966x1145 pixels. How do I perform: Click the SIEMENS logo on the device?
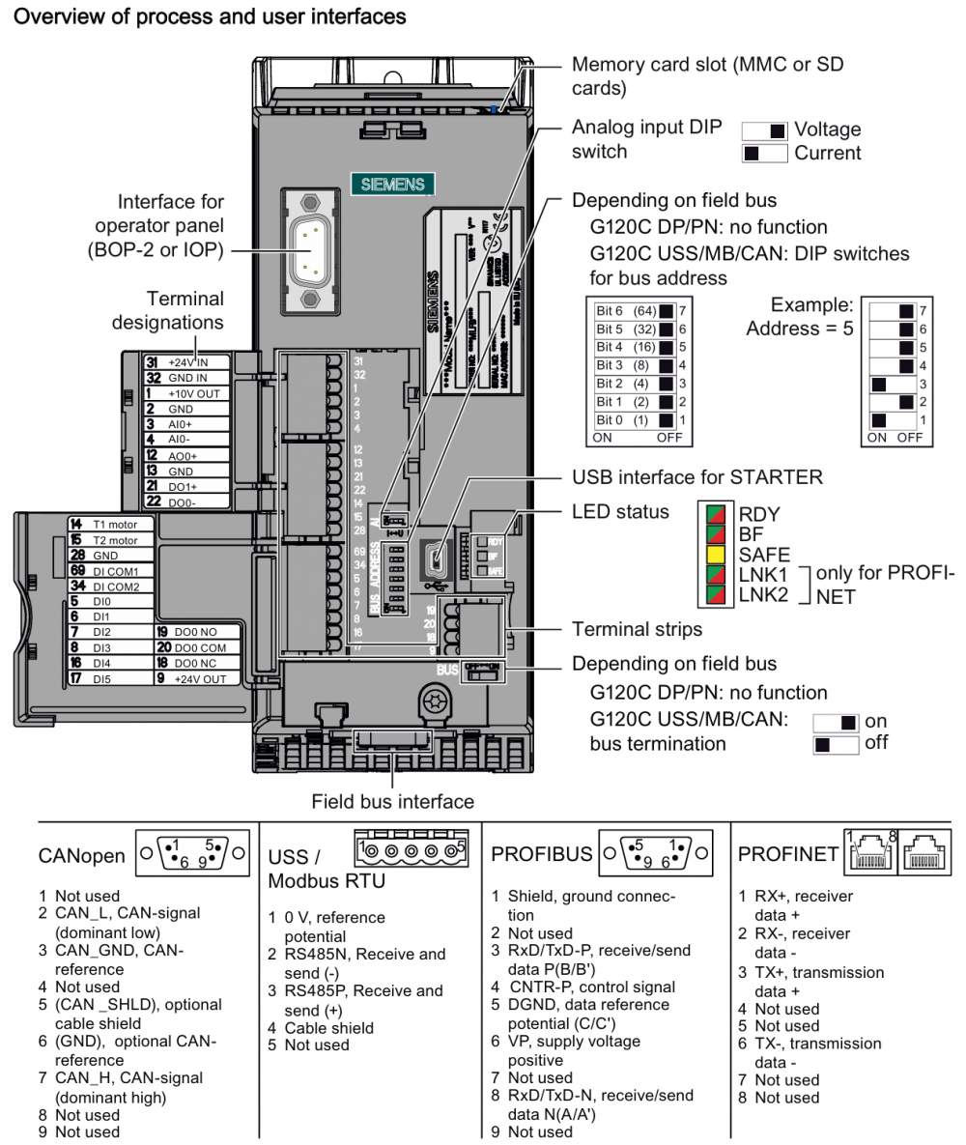pos(392,184)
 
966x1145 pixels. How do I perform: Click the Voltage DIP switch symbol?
pos(764,130)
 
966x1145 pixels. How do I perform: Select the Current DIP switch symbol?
pos(764,153)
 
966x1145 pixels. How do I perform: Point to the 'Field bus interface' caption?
pos(392,801)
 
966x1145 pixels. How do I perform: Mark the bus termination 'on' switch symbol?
pos(837,722)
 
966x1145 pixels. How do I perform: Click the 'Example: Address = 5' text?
pos(800,316)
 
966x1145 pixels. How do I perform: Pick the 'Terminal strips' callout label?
pos(637,629)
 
